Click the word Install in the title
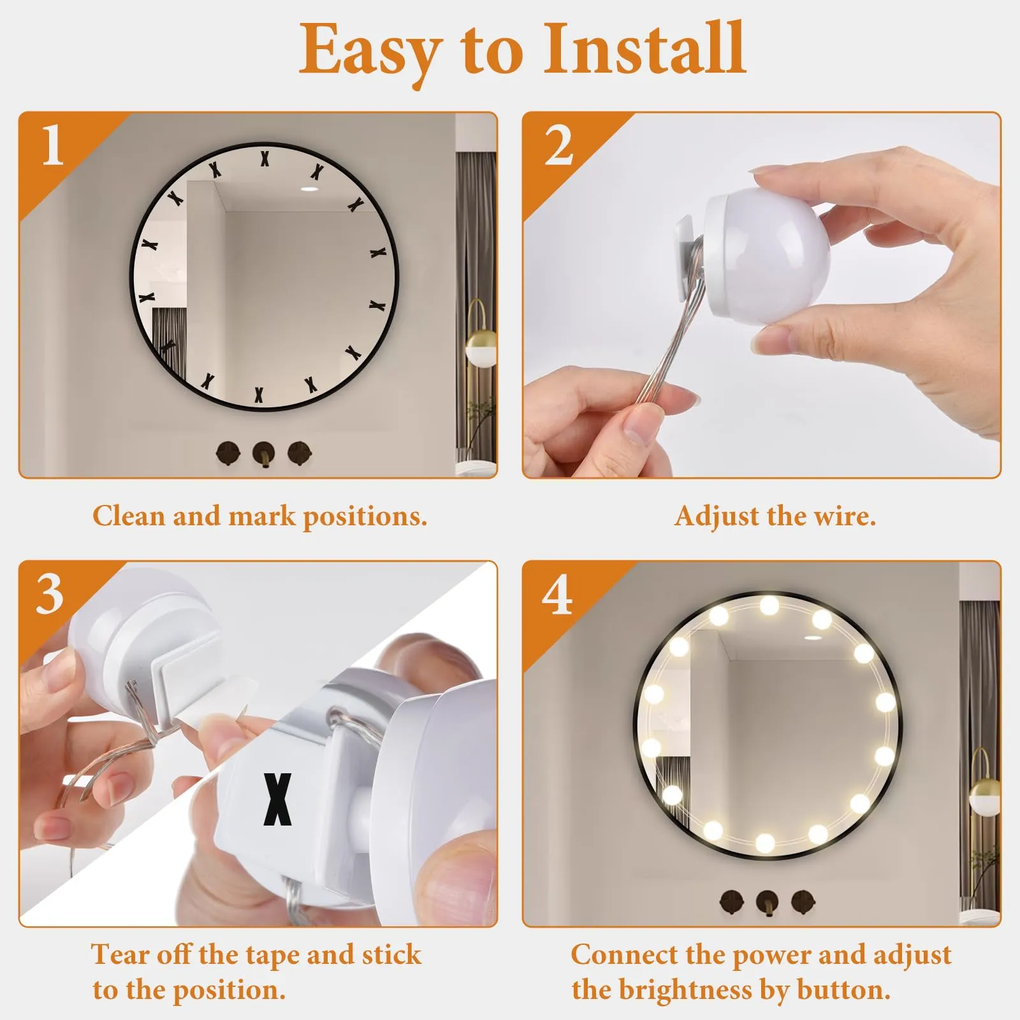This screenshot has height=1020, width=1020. point(645,48)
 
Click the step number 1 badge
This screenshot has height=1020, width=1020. point(53,145)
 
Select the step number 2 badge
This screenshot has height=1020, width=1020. point(558,146)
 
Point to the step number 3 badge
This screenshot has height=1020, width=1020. point(50,594)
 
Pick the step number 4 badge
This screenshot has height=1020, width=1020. point(557,595)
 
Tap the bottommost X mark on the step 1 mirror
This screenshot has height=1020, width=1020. point(259,395)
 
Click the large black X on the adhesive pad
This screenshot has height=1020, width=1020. point(278,799)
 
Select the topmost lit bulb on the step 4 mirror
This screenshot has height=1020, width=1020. point(769,605)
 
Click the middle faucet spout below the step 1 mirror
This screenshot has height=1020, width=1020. point(263,455)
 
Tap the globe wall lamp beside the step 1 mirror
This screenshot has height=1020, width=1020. point(481,347)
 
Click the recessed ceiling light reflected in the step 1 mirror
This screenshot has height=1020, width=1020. point(310,189)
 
